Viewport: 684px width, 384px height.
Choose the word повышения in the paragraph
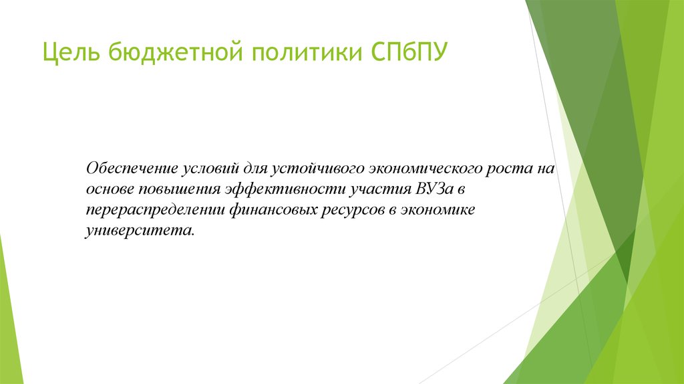coord(177,189)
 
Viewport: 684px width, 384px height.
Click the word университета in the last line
coord(142,231)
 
